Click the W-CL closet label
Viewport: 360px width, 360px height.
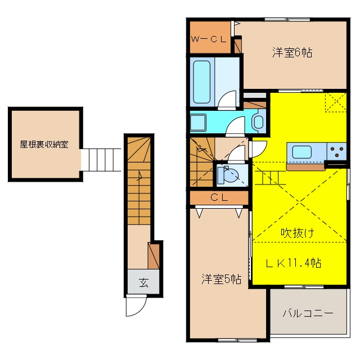click(209, 39)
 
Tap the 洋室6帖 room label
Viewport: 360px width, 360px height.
click(292, 52)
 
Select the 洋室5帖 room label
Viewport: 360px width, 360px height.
click(221, 279)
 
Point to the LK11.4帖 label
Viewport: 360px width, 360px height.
click(294, 263)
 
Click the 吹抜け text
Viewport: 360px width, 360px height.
click(298, 233)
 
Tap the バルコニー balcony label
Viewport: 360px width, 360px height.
click(308, 313)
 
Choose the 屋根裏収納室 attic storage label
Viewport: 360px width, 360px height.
click(44, 145)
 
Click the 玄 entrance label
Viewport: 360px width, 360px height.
click(144, 282)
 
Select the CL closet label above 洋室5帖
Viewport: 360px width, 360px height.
click(219, 197)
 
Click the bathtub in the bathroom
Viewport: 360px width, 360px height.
click(201, 82)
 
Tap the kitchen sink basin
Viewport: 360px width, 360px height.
click(302, 152)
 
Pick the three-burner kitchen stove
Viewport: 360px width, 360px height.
click(336, 151)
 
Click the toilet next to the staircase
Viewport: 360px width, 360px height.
click(228, 175)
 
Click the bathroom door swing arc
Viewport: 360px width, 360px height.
click(227, 100)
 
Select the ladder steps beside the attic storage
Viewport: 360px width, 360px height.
click(101, 160)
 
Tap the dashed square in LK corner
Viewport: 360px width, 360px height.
click(336, 102)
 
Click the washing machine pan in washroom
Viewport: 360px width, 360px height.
click(198, 123)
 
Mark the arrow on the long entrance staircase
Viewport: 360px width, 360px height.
click(140, 176)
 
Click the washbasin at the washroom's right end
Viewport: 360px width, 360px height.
click(259, 121)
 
